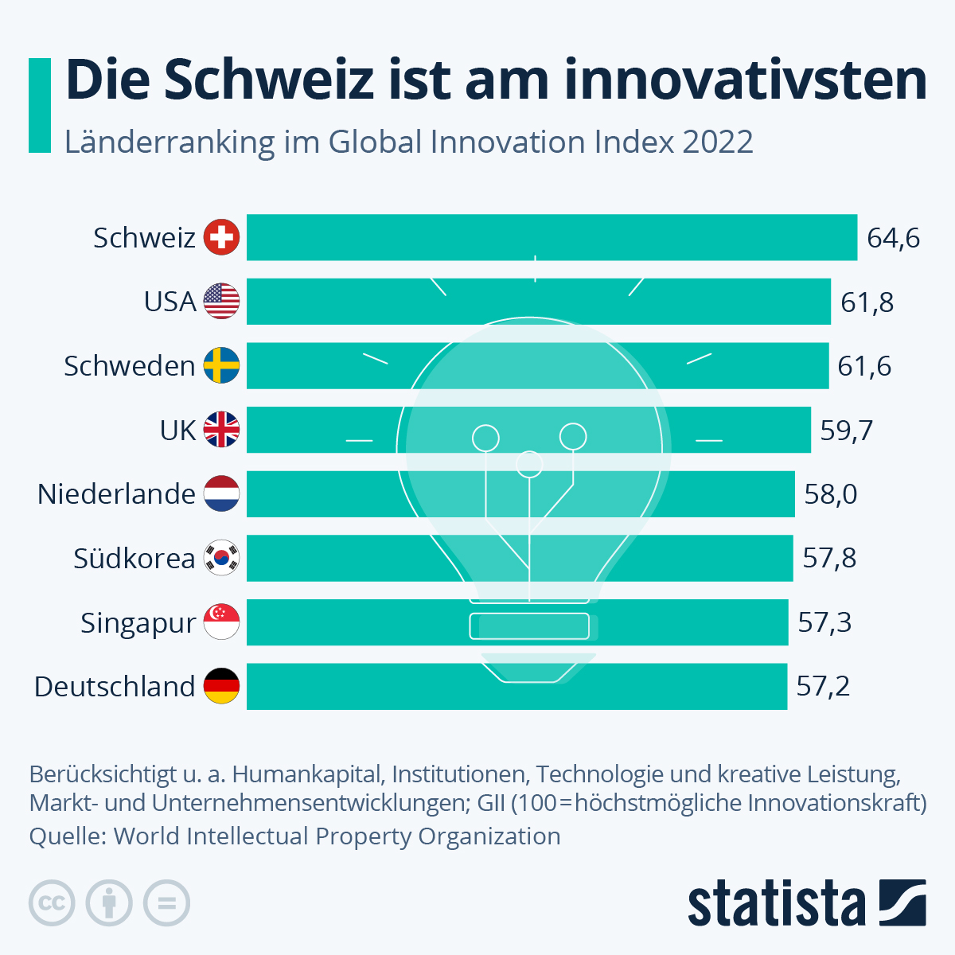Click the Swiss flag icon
(221, 237)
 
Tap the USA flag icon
(221, 302)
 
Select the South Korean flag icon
(221, 558)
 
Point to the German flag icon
(221, 686)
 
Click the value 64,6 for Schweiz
(894, 238)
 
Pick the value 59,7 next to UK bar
(847, 431)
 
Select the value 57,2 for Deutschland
(823, 686)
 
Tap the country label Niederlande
(116, 494)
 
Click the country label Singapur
(138, 623)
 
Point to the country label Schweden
(130, 366)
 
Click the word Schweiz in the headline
(270, 80)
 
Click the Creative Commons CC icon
(53, 903)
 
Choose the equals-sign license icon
(167, 903)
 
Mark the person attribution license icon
(110, 903)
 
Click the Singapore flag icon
(221, 622)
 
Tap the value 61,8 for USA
(867, 302)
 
